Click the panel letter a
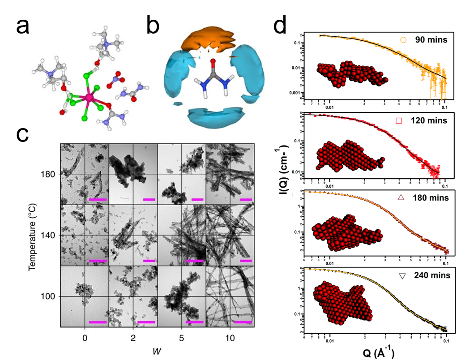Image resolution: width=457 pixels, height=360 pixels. (x=23, y=26)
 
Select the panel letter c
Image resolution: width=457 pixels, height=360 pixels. (x=23, y=134)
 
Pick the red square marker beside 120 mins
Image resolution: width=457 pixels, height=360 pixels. (x=399, y=121)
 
